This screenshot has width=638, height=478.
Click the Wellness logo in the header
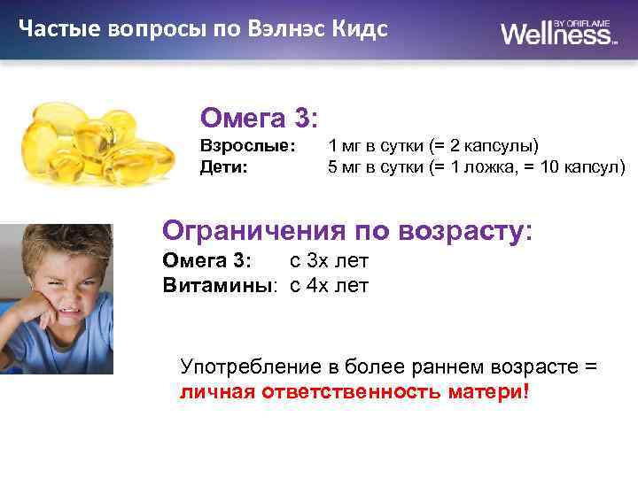(x=558, y=33)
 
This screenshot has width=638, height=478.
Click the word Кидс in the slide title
(x=359, y=28)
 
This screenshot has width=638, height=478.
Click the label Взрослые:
(x=247, y=145)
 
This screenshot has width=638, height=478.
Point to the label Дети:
(x=223, y=166)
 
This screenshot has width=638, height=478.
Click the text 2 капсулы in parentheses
(x=491, y=145)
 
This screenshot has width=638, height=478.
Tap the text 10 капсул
(x=580, y=166)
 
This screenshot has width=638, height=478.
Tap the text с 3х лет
(x=329, y=260)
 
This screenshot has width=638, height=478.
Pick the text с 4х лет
(x=329, y=285)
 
